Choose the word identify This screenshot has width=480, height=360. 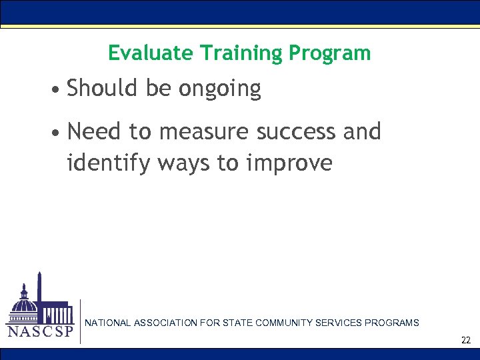click(x=108, y=162)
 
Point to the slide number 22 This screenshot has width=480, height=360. click(x=465, y=341)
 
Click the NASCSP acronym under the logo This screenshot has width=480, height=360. click(x=39, y=331)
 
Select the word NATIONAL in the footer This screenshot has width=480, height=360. click(x=108, y=323)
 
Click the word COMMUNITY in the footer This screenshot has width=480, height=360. click(x=284, y=323)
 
